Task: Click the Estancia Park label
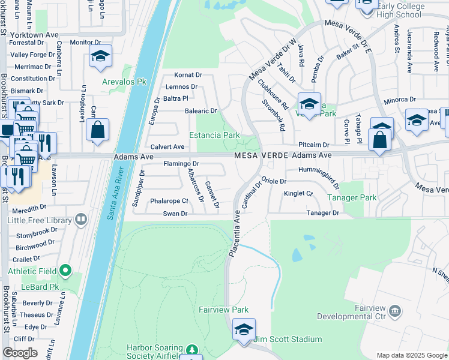point(215,136)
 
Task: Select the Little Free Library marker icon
point(80,220)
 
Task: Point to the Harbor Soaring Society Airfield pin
point(191,349)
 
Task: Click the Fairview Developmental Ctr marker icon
point(395,310)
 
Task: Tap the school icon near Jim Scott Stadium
point(244,331)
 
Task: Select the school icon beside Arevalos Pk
point(100,58)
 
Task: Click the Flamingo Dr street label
point(181,163)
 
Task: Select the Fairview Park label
point(224,310)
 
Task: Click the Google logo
point(20,353)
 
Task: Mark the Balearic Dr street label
point(200,111)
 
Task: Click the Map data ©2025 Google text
point(411,355)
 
